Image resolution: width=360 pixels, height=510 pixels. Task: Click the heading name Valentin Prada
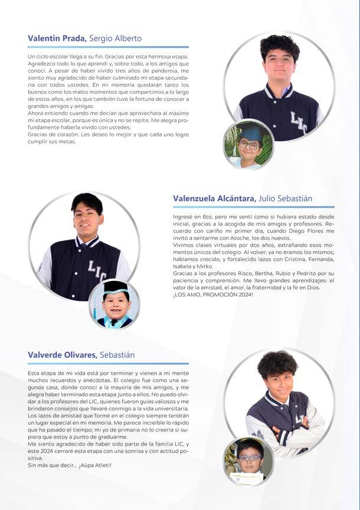click(57, 38)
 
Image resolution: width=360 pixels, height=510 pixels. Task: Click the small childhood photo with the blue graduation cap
click(248, 144)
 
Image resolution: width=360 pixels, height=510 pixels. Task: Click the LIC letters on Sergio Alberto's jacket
click(299, 122)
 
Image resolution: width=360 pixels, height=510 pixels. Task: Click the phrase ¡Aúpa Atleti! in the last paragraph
click(94, 465)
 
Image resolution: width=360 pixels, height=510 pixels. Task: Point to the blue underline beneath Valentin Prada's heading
click(108, 47)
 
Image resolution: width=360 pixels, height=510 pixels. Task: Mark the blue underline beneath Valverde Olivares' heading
click(108, 363)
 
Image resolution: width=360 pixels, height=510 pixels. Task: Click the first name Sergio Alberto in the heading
click(116, 38)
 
